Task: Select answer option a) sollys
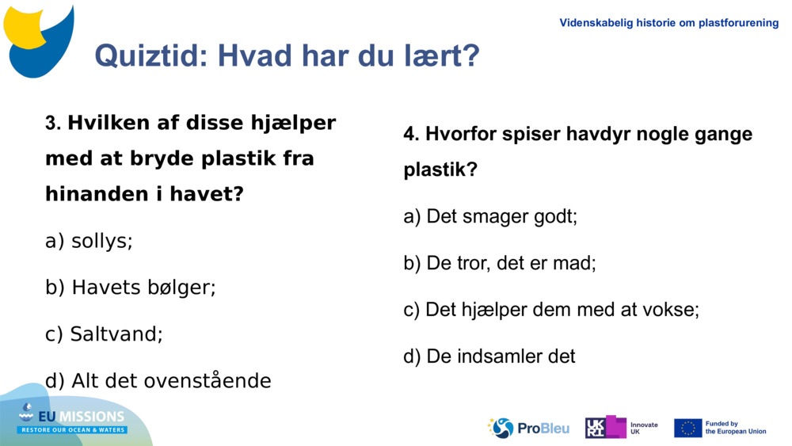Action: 89,241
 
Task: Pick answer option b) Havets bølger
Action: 131,288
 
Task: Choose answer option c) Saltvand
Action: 104,334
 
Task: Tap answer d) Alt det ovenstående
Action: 158,381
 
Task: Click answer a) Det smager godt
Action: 490,216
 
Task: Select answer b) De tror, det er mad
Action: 500,263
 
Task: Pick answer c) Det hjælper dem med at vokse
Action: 551,310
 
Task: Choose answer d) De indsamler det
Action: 489,356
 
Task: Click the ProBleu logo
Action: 528,428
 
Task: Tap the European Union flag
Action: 687,428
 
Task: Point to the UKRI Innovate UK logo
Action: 621,428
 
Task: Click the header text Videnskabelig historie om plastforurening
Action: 669,23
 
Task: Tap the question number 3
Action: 53,124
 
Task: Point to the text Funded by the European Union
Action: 735,428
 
